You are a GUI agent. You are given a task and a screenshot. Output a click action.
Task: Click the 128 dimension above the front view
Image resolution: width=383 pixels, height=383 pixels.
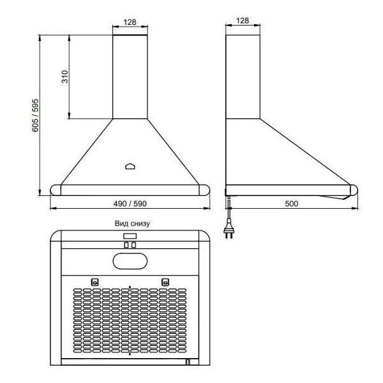pos(130,22)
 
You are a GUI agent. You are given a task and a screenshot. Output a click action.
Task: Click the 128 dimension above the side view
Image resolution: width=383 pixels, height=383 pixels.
pos(243,21)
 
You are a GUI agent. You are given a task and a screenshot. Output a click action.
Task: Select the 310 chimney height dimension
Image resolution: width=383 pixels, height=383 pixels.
pos(65,77)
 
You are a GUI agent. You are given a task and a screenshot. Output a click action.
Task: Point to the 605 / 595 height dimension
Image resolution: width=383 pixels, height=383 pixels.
pos(35,116)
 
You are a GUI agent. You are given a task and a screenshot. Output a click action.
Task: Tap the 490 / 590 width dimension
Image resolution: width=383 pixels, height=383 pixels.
pos(130,204)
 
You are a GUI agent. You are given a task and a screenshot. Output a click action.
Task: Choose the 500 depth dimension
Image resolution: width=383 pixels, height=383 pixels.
pos(292,204)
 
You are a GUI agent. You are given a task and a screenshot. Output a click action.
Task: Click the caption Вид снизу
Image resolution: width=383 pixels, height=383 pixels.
pos(132,223)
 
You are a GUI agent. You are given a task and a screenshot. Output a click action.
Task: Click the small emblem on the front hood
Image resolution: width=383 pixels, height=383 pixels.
pos(130,167)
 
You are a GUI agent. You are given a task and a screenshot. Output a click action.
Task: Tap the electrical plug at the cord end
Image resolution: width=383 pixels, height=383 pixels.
pos(229,230)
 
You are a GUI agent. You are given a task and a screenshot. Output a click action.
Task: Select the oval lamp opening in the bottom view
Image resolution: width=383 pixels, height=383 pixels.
pos(130,261)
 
